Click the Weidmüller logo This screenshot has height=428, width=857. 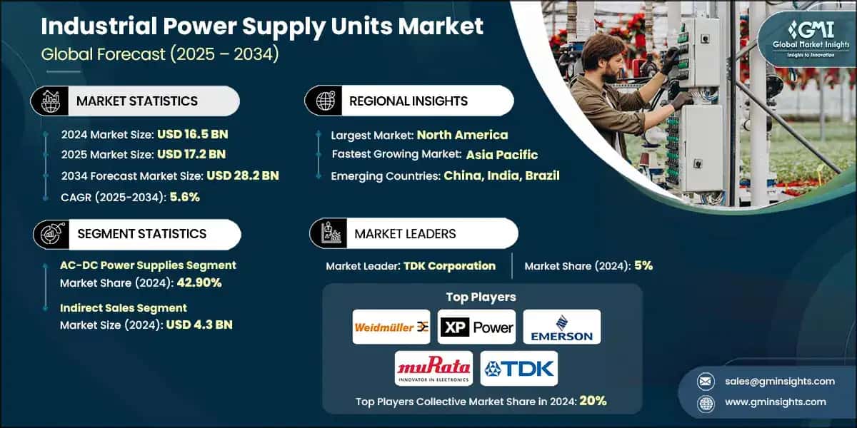pos(391,327)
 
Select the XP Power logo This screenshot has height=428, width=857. pos(476,327)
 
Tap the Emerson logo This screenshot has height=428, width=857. pos(561,327)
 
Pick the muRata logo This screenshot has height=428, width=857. pos(433,368)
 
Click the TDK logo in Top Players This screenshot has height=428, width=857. pos(519,368)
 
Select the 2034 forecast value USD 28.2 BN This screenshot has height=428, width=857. pos(242,175)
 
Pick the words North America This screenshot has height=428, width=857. pos(462,134)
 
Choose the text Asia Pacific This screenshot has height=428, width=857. pos(502,154)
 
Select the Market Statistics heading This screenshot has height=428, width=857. pos(137,101)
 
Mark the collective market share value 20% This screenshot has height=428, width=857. pos(593,401)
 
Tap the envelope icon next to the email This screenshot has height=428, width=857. pos(706,381)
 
